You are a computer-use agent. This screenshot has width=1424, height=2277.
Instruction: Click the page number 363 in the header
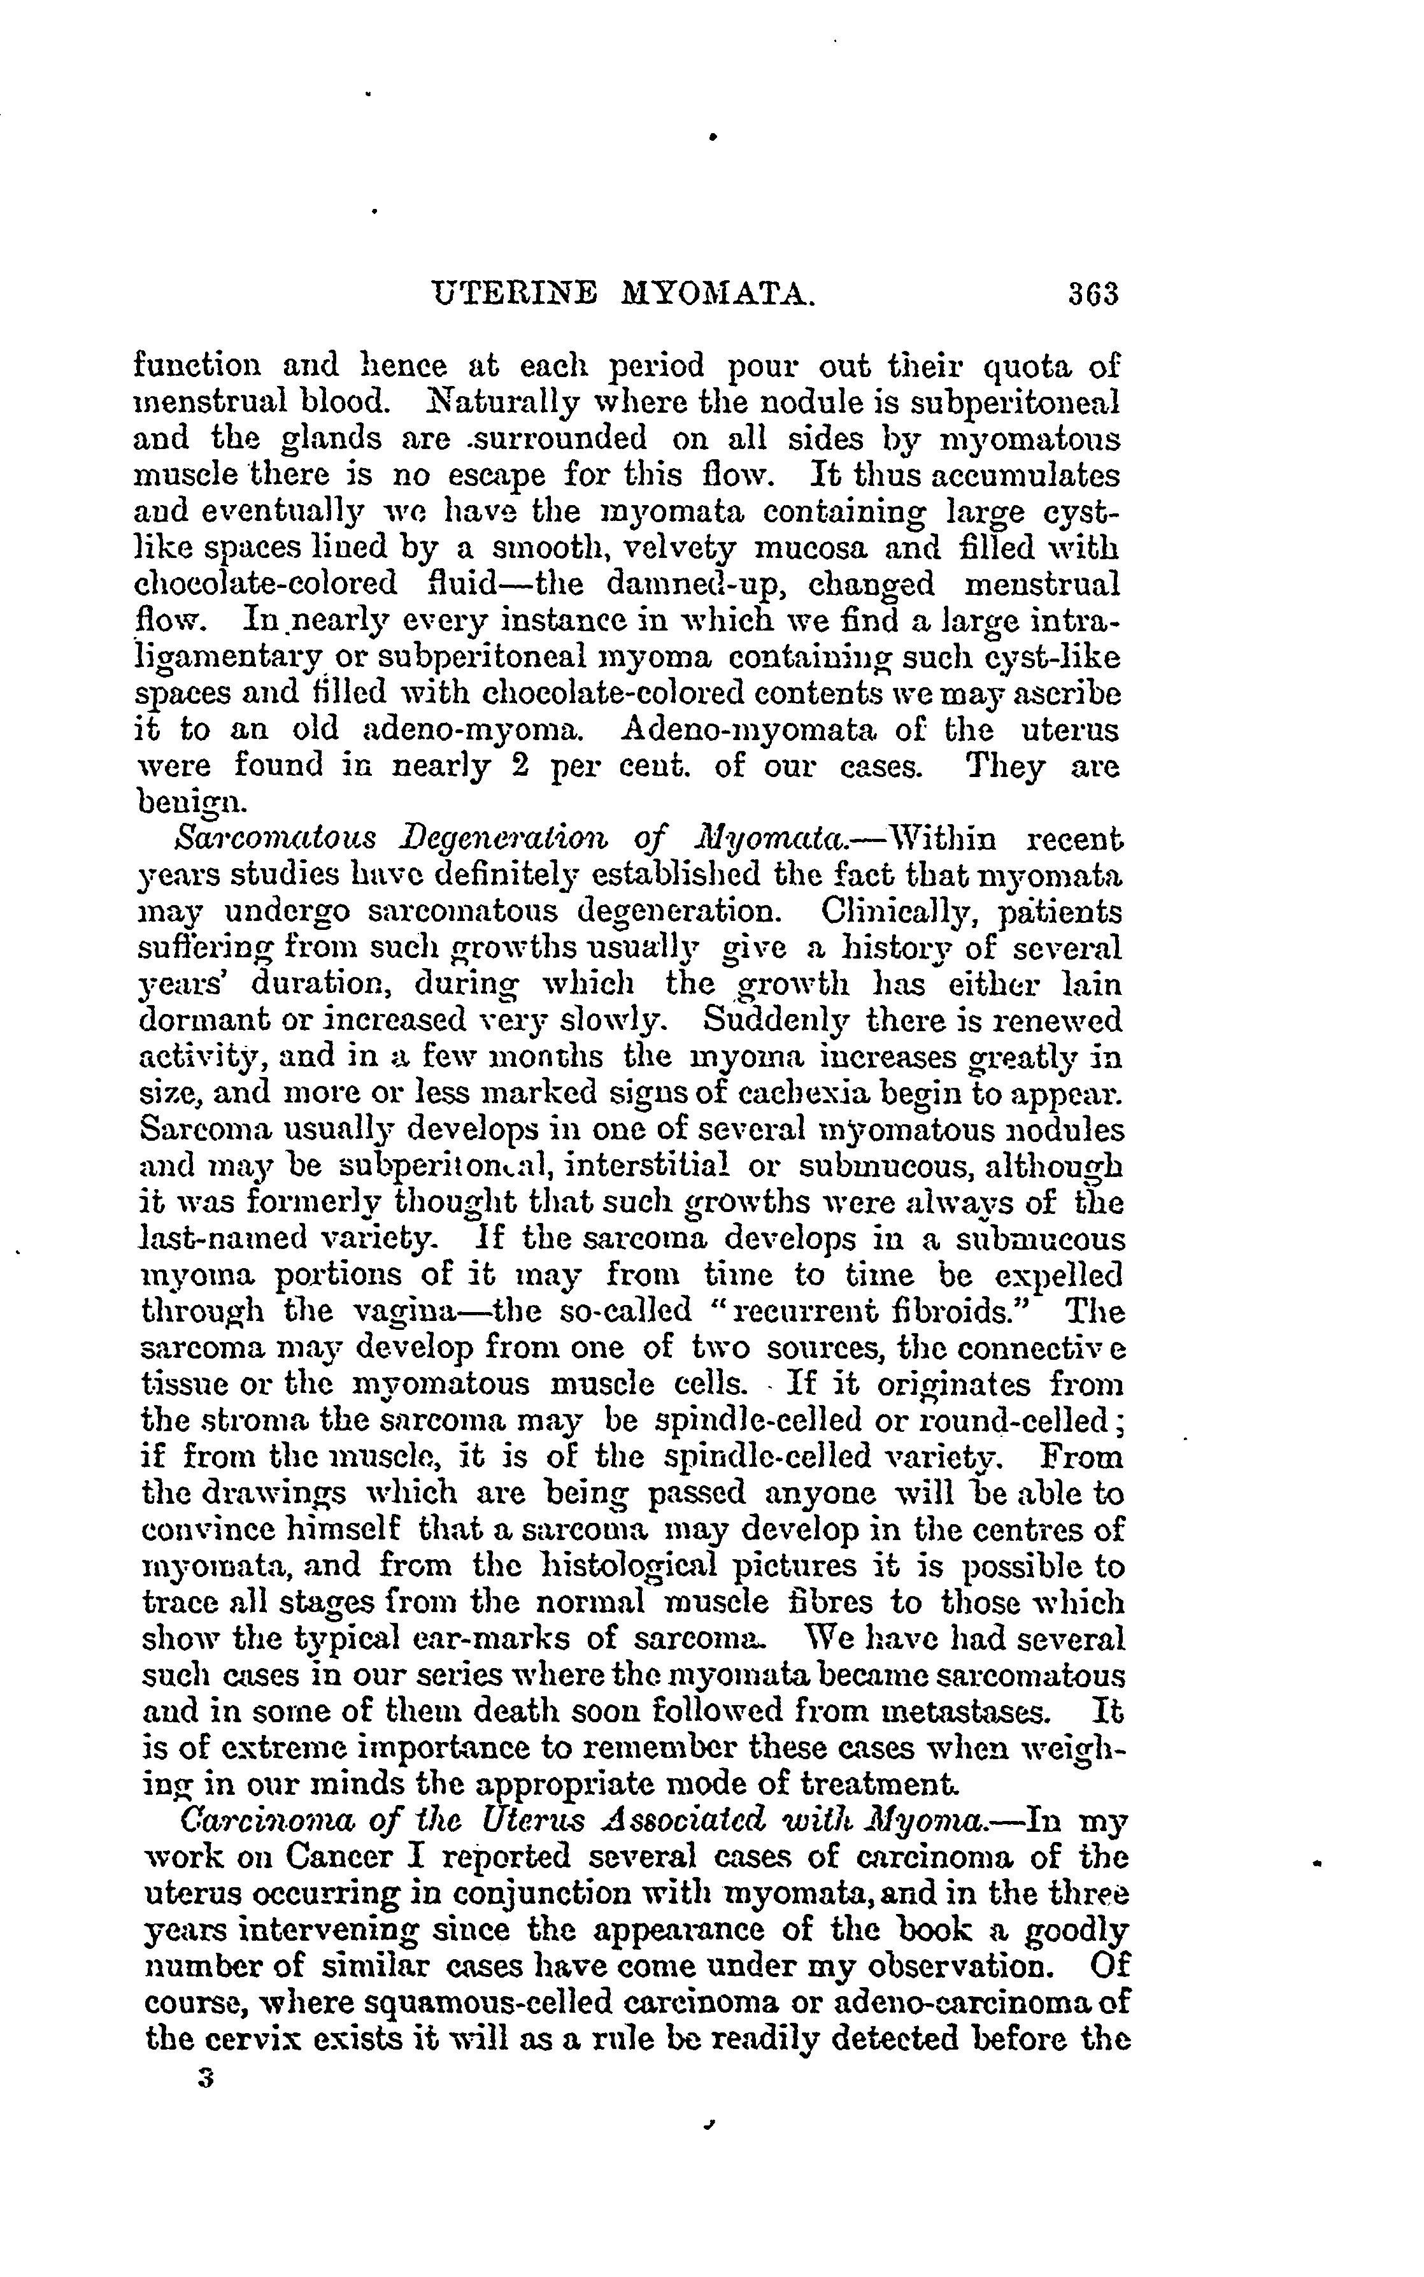point(1092,295)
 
